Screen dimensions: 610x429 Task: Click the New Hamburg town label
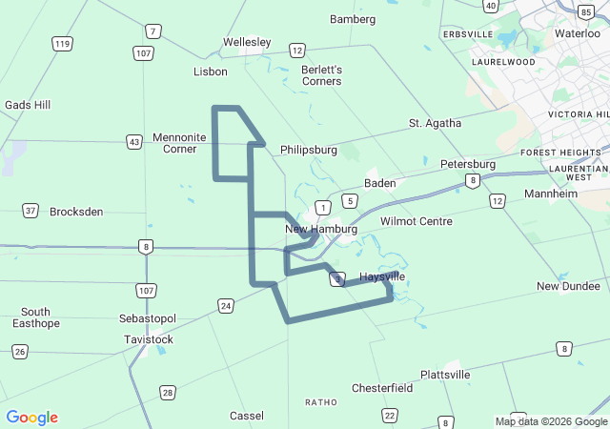[321, 229]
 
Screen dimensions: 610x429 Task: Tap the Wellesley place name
[247, 42]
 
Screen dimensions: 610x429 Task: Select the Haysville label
[382, 276]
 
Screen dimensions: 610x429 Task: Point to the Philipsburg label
[309, 150]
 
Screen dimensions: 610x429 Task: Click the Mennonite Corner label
[178, 143]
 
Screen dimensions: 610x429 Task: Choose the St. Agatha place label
[435, 123]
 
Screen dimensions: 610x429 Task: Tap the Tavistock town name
[149, 339]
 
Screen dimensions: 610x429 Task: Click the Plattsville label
[445, 375]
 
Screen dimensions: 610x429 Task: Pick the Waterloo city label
[578, 32]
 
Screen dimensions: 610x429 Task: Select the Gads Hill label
[28, 105]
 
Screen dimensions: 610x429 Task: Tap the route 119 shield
[63, 44]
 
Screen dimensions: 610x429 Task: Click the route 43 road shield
[134, 141]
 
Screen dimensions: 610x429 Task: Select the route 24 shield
[225, 305]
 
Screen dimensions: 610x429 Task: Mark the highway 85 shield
[584, 11]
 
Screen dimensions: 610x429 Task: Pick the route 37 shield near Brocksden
[31, 211]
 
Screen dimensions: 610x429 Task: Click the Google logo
[32, 418]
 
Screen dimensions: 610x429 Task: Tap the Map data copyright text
[551, 421]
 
